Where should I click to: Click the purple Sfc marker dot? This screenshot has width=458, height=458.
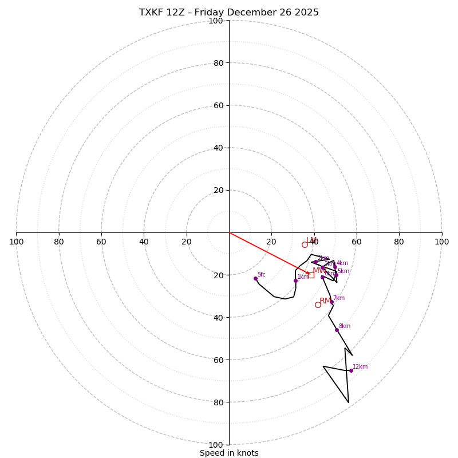255,278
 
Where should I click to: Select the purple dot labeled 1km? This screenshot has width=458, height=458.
295,281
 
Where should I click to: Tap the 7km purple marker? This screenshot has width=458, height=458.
331,302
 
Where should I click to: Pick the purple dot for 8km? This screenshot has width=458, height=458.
337,330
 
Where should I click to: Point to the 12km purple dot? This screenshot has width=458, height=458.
351,370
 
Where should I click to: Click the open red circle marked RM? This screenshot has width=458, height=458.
318,305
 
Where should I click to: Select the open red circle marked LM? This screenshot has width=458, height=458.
305,244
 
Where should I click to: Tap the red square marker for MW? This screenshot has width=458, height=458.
311,275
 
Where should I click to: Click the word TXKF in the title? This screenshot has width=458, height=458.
152,13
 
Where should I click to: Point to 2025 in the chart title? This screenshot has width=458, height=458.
306,13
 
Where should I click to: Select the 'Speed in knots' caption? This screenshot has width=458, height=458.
229,453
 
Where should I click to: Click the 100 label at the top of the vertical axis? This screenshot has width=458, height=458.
215,21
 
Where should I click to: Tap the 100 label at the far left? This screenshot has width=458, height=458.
16,242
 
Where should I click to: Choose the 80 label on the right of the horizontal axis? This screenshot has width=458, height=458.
399,242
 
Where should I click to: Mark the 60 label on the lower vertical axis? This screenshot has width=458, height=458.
218,360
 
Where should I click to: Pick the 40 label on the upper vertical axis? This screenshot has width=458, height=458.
218,148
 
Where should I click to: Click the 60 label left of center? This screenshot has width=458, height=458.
101,242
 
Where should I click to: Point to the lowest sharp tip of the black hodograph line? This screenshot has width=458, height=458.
349,402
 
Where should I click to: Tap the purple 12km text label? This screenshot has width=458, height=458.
360,366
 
